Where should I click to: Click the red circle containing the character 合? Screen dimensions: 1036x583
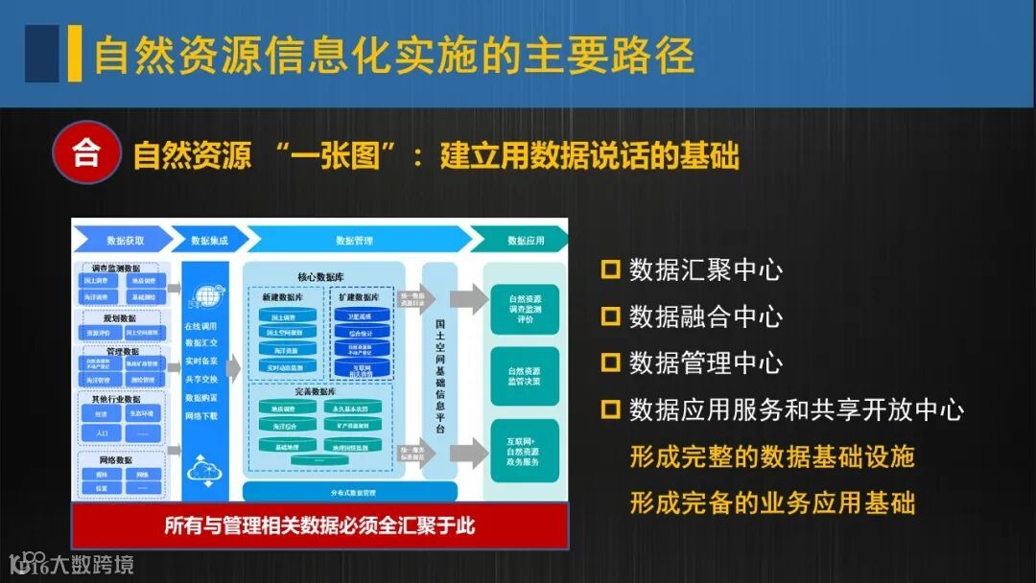pyautogui.click(x=86, y=152)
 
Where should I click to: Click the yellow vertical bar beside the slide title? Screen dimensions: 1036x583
pyautogui.click(x=75, y=53)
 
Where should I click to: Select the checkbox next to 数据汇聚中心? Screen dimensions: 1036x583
pyautogui.click(x=610, y=269)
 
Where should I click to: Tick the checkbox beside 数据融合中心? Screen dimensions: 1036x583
pyautogui.click(x=610, y=315)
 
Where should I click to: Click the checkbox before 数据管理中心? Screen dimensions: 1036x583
pyautogui.click(x=610, y=362)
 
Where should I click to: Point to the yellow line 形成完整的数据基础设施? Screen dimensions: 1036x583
pyautogui.click(x=771, y=456)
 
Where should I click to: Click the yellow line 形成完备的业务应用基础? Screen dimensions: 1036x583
pyautogui.click(x=771, y=501)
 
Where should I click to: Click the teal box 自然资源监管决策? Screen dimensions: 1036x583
pyautogui.click(x=525, y=377)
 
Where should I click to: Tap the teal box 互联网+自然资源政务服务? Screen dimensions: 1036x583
pyautogui.click(x=525, y=452)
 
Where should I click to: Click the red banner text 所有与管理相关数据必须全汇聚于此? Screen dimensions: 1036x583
pyautogui.click(x=319, y=525)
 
